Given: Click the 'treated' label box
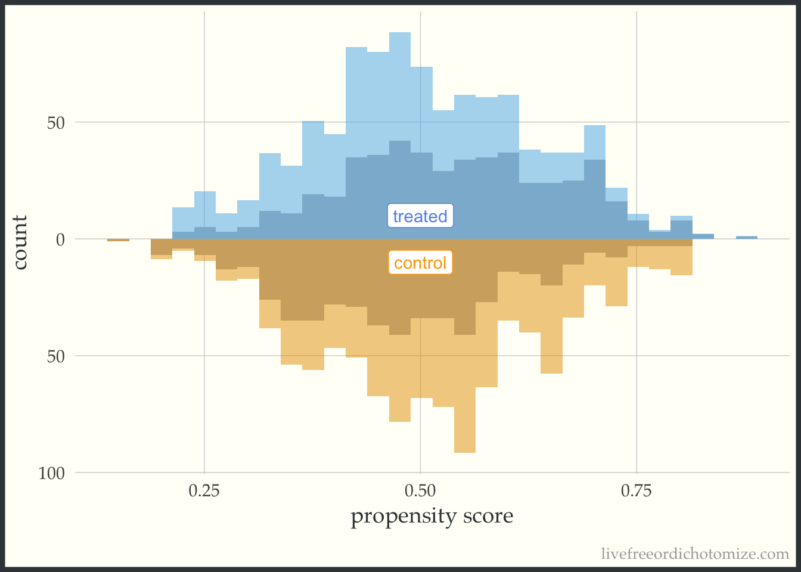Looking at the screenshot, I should tap(420, 216).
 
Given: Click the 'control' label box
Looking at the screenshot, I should tap(420, 263).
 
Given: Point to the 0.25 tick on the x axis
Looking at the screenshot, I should tap(204, 491).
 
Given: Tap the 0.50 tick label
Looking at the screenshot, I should tap(420, 491).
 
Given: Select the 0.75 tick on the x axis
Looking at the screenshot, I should tap(637, 491).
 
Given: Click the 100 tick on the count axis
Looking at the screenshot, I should tap(51, 474).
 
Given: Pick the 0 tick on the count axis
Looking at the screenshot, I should tap(60, 240).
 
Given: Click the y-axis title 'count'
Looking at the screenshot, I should tap(21, 243).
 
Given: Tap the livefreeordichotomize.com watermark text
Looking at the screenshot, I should tap(695, 554).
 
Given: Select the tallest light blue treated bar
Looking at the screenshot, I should tap(400, 83).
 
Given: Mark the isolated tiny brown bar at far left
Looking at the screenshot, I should tap(118, 240).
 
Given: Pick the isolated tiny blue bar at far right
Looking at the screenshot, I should tap(747, 238).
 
